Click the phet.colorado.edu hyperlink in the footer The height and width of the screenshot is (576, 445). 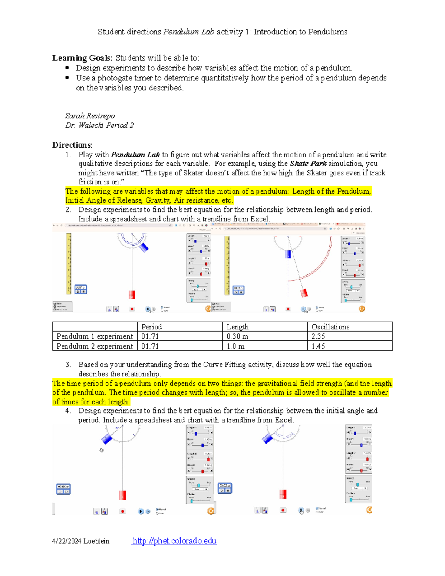coord(174,541)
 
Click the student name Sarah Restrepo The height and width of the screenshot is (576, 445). coord(90,116)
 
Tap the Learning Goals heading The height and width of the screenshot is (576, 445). coord(82,58)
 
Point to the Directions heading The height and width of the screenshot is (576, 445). coord(72,145)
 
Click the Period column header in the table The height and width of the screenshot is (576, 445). coord(151,327)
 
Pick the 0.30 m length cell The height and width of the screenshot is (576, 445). coord(237,336)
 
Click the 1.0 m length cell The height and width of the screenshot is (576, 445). coord(235,346)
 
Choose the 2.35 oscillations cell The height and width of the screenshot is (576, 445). coord(318,336)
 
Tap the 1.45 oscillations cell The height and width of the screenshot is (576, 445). coord(318,346)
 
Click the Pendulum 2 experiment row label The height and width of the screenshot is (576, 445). coord(95,346)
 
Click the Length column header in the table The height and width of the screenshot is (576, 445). coord(237,327)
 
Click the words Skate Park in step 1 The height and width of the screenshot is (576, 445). coord(308,164)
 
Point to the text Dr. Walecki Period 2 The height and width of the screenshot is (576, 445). coord(99,125)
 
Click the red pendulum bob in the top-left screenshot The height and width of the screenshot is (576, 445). coord(132,295)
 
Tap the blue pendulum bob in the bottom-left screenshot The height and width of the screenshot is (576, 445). coord(106,439)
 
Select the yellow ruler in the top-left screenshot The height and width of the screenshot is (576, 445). coord(69,263)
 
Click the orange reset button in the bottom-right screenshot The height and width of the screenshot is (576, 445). coord(369,510)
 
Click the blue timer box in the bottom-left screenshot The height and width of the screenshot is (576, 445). coord(63,489)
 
